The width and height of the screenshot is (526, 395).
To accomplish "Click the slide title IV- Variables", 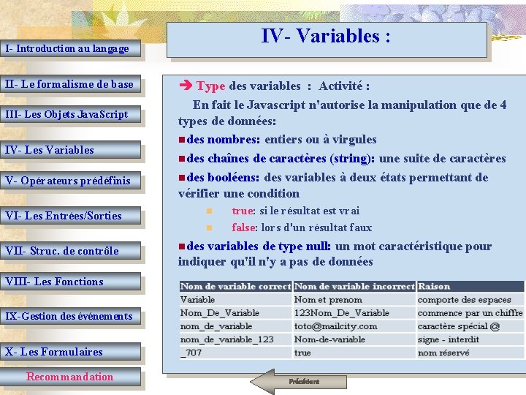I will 327,37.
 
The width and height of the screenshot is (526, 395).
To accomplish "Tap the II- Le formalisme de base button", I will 70,84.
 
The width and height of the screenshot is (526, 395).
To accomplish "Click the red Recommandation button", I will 70,377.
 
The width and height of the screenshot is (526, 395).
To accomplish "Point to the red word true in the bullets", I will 243,211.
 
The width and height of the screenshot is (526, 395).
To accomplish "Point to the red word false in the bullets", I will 244,227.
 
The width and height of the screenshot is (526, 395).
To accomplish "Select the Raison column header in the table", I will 434,287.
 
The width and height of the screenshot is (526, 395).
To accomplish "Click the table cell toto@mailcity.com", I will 336,326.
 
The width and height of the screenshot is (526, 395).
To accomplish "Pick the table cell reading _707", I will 191,353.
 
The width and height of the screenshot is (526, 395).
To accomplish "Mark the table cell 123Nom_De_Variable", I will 342,313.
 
